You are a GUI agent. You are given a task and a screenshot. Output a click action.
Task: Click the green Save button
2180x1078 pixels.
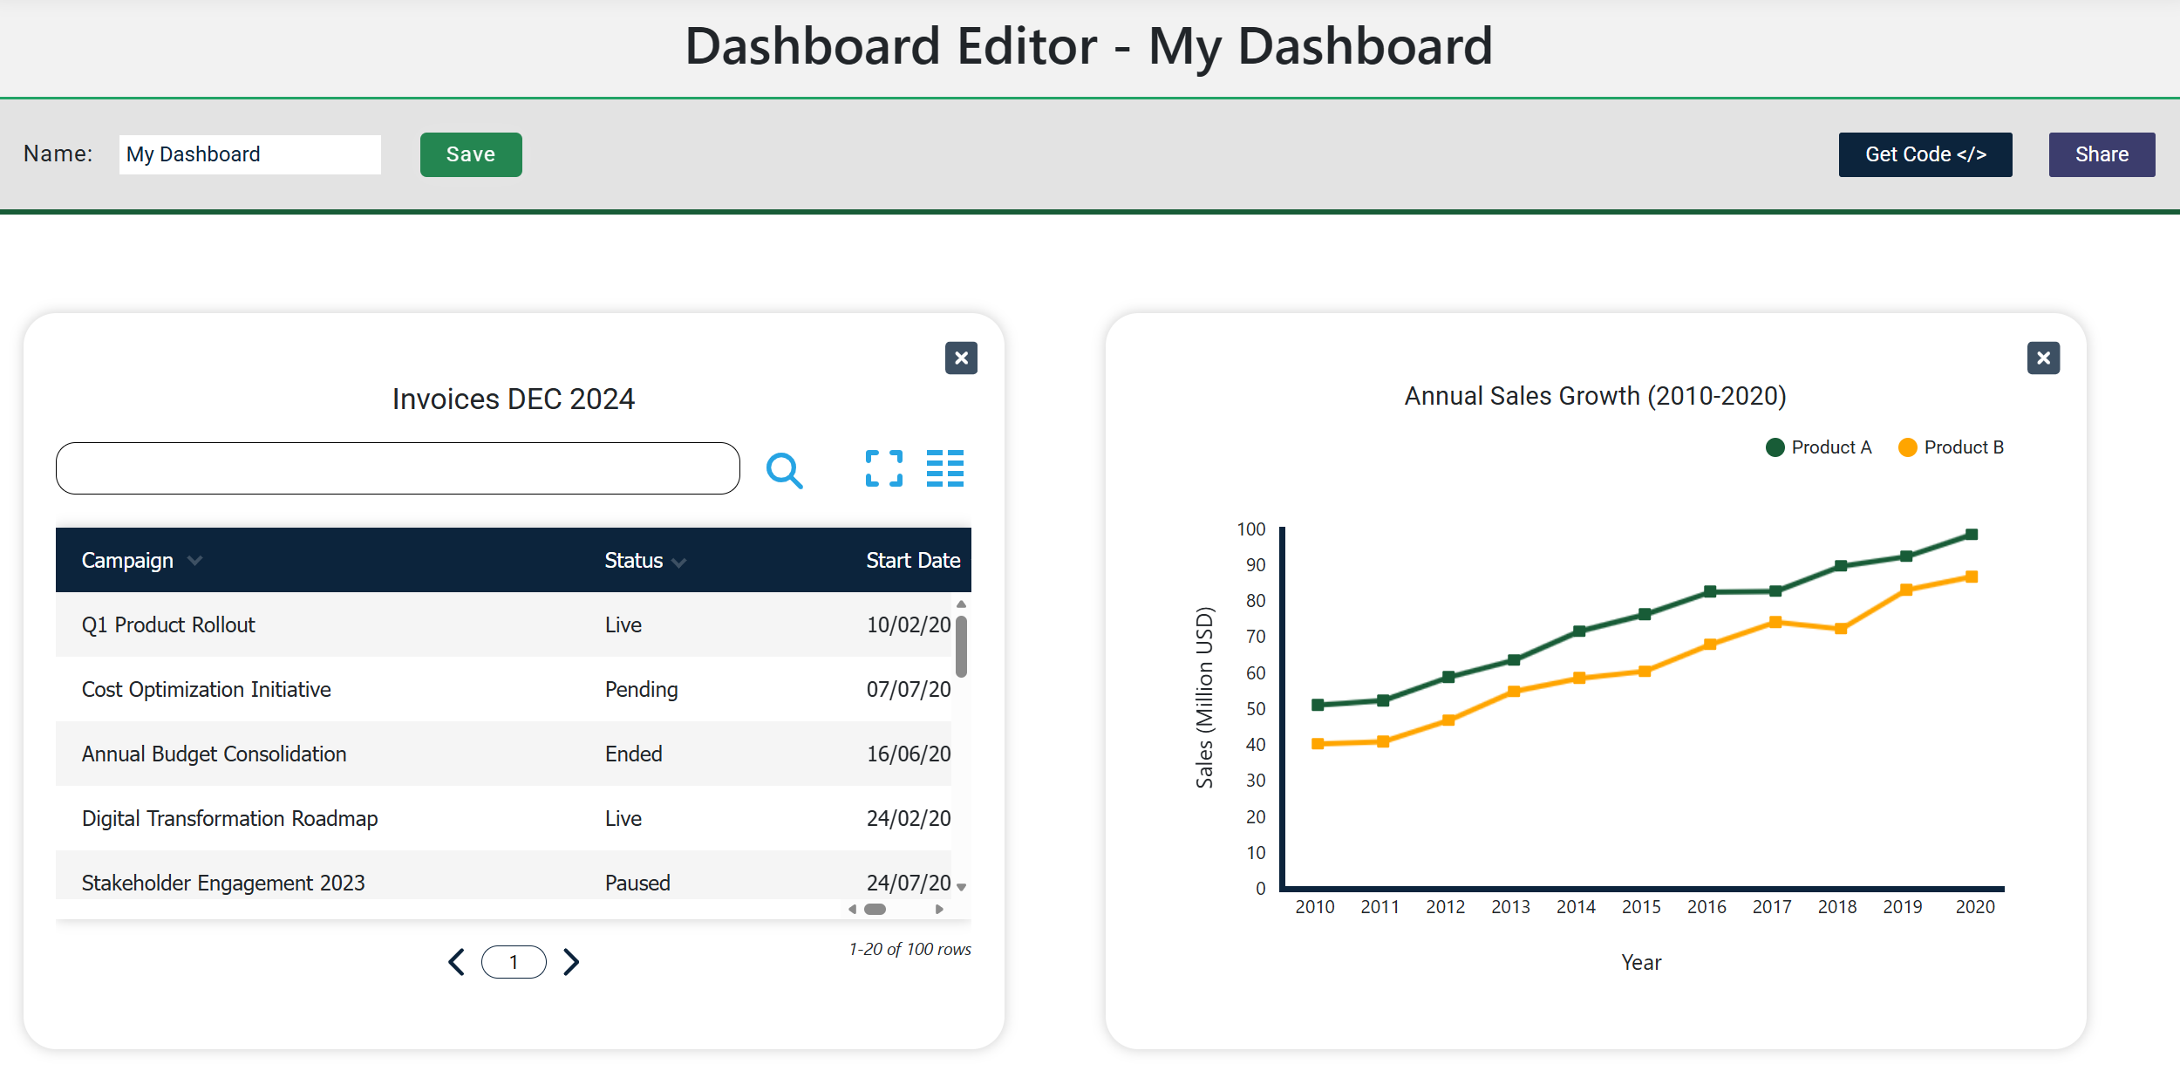click(x=471, y=154)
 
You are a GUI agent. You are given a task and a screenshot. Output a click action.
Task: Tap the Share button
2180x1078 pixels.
click(x=2101, y=154)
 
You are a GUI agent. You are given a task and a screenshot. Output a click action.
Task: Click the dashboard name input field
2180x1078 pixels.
click(x=249, y=154)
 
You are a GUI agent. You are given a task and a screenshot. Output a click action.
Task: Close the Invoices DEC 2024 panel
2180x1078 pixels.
click(x=961, y=358)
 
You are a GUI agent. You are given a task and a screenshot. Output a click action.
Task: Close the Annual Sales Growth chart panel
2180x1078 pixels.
click(x=2042, y=358)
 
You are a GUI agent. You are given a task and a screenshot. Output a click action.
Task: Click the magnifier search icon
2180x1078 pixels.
click(x=784, y=470)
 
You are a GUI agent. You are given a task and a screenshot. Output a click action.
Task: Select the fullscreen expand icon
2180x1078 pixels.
click(x=883, y=468)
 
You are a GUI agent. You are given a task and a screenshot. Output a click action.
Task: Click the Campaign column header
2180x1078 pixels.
click(x=127, y=560)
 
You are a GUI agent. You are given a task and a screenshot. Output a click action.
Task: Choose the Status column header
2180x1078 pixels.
click(x=634, y=560)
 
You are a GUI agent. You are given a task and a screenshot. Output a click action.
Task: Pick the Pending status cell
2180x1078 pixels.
click(x=641, y=689)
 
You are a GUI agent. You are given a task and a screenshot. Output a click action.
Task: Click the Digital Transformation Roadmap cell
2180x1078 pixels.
click(x=229, y=818)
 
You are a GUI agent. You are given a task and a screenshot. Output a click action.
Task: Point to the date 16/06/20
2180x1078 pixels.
click(x=908, y=754)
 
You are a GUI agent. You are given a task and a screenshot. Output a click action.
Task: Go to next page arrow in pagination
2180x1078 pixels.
click(x=571, y=961)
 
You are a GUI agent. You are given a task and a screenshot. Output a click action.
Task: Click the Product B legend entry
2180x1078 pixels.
click(x=1952, y=447)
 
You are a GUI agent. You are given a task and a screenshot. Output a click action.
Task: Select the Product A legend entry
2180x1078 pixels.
click(x=1819, y=447)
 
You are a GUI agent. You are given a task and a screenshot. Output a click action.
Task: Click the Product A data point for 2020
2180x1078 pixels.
click(x=1972, y=535)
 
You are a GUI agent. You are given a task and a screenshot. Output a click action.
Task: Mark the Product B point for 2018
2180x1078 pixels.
click(x=1841, y=629)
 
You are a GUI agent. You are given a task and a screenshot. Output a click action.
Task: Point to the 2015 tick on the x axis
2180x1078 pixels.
click(x=1641, y=907)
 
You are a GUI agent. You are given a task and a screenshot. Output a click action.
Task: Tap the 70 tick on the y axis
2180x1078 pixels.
click(x=1255, y=637)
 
